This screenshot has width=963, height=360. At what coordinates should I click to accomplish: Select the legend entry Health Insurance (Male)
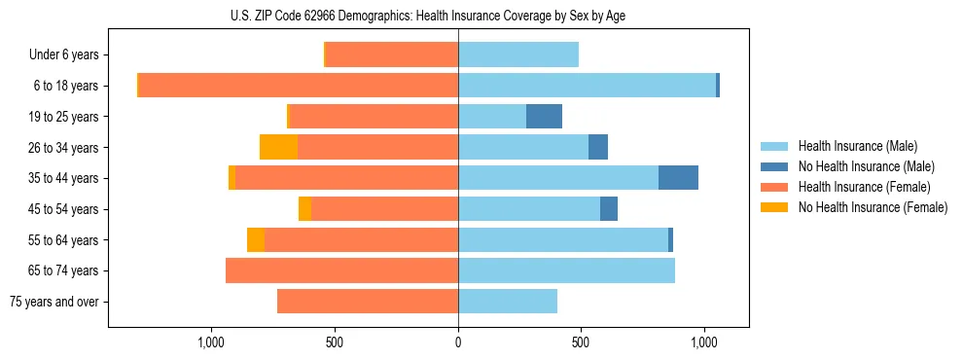click(x=857, y=146)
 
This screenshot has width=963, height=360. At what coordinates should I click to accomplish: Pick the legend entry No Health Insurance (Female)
click(x=873, y=207)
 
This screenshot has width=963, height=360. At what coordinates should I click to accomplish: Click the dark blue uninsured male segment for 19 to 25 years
click(x=544, y=117)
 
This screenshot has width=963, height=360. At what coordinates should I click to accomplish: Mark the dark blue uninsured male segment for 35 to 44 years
click(x=678, y=178)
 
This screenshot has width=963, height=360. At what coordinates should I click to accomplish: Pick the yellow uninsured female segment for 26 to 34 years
click(x=279, y=147)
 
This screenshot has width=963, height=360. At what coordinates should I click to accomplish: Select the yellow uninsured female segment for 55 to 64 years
click(x=256, y=239)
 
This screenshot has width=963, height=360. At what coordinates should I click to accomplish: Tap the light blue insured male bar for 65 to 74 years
click(x=566, y=270)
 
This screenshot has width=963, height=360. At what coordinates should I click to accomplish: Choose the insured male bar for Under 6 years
click(x=518, y=55)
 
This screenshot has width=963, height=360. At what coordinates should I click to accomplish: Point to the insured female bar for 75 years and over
click(x=368, y=302)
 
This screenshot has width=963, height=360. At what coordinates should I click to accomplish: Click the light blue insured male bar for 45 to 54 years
click(x=529, y=209)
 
